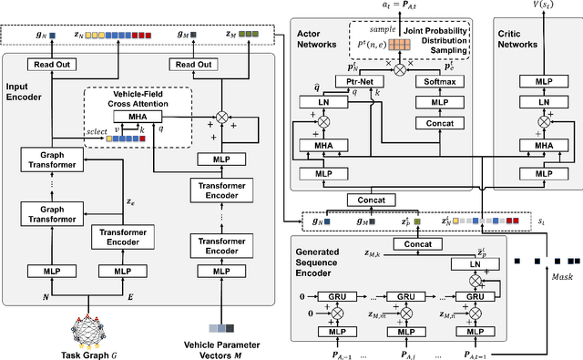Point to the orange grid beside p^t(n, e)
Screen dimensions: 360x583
pos(398,45)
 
